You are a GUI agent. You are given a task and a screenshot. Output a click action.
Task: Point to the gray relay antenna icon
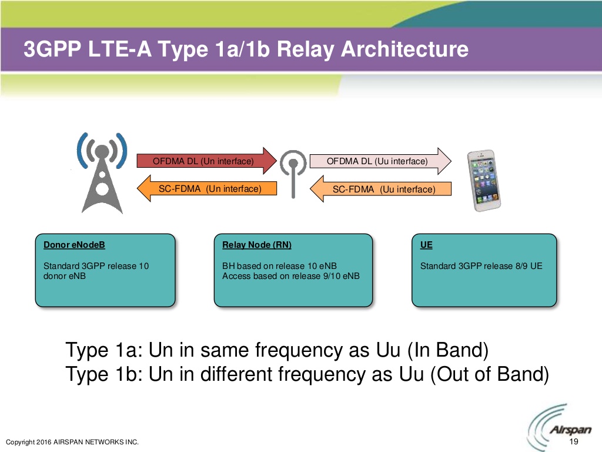tap(292, 174)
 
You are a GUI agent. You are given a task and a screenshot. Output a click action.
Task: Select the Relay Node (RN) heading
tap(256, 245)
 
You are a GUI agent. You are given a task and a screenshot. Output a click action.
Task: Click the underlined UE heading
tap(426, 245)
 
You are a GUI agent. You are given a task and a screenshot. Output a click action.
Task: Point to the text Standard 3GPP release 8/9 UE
tap(481, 266)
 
